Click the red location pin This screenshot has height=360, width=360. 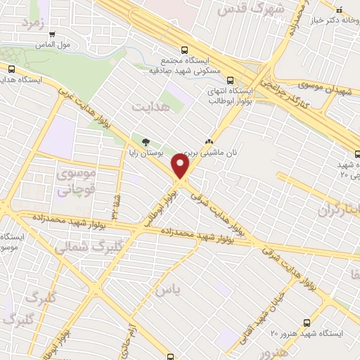pos(181,167)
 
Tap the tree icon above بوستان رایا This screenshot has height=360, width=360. pos(146,141)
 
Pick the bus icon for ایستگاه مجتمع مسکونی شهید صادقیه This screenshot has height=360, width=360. pos(184,50)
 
